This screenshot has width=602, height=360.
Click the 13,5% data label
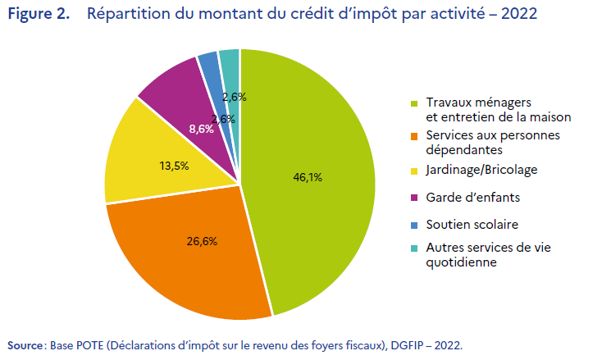pos(173,165)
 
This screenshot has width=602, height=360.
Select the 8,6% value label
pos(201,129)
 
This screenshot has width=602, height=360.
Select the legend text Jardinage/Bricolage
pos(472,171)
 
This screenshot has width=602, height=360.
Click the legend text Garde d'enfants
pos(462,198)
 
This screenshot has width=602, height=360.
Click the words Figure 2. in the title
pos(39,16)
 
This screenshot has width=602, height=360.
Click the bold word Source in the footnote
pos(25,344)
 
